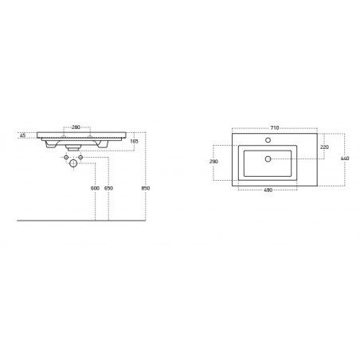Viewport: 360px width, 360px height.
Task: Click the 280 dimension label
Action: tap(76, 127)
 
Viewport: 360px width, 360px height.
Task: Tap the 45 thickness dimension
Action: tap(23, 135)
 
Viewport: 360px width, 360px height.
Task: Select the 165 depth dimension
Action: tap(135, 142)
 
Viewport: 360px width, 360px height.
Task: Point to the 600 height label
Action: tap(95, 188)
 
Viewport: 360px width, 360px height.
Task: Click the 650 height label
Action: tap(108, 188)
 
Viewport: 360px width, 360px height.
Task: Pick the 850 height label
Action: tap(146, 188)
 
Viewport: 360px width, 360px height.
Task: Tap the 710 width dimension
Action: tap(275, 128)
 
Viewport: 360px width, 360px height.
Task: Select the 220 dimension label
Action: tap(324, 147)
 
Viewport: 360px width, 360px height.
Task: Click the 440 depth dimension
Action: tap(345, 158)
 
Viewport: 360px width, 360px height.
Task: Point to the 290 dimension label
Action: tap(213, 162)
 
